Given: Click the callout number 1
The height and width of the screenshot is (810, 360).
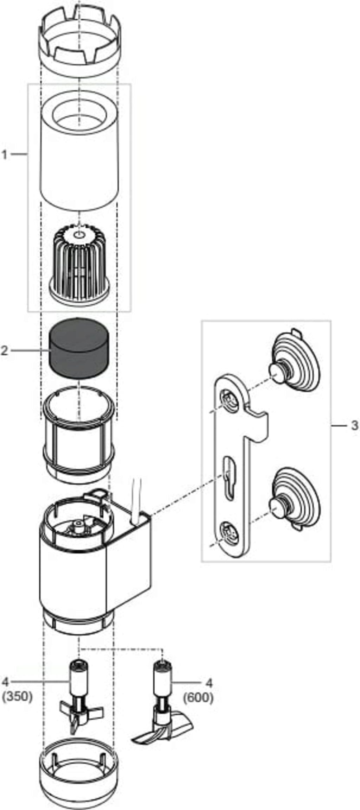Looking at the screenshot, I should pos(5,154).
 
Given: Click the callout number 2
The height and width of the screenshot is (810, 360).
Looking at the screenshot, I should pos(5,350).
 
